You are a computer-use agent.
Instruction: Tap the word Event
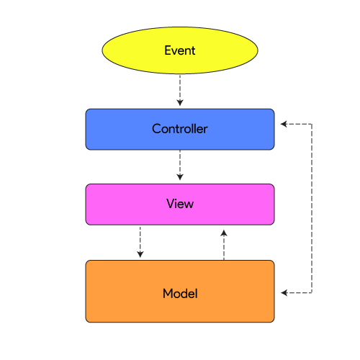tap(180, 50)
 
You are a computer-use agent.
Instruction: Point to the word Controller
tap(180, 130)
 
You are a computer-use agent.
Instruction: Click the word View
tap(180, 204)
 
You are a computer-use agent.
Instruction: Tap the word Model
tap(180, 294)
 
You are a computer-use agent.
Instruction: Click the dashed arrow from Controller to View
tap(180, 163)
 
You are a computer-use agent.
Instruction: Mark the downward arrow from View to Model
tap(140, 239)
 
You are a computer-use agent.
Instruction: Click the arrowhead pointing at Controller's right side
tap(284, 124)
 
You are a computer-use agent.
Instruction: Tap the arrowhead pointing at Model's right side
tap(284, 293)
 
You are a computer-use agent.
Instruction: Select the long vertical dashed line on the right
tap(311, 209)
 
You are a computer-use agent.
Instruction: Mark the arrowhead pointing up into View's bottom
tap(224, 233)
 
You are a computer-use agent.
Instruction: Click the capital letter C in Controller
tap(156, 130)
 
